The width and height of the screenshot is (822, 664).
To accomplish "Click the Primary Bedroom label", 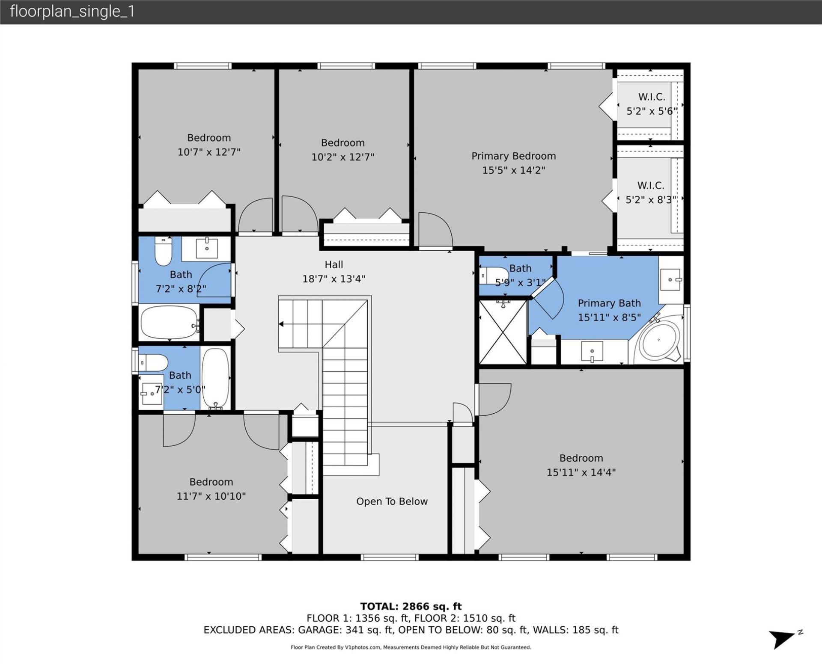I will coord(513,156).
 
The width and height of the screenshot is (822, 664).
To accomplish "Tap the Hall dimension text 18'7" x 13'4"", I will coord(334,279).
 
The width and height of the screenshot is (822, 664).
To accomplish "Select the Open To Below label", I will coord(392,501).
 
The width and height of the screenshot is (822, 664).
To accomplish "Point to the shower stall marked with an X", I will coord(503,332).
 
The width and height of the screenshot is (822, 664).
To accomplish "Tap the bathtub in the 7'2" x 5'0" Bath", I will coord(215,378).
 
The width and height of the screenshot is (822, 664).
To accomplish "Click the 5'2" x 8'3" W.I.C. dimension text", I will coord(651,200).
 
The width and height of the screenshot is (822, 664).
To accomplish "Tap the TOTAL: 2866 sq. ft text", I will coord(411,606).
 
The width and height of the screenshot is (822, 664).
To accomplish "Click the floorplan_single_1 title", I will coord(72,12).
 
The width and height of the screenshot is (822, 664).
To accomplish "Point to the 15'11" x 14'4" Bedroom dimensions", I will coord(581,472).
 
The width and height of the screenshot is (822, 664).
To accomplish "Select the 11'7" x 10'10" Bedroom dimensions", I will coord(211,496).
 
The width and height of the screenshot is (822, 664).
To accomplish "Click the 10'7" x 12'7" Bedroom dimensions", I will coord(209,152).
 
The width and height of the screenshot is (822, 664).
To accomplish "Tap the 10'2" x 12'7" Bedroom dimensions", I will coord(342,157).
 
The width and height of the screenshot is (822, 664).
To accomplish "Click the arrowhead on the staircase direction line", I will coord(281,324).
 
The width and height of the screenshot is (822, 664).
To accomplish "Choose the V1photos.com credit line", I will coord(411,647).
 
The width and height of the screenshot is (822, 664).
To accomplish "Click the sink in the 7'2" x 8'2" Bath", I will coord(207,248).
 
